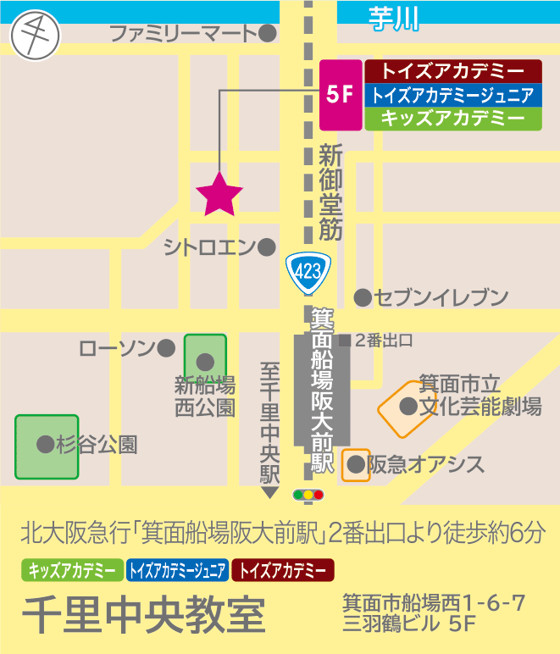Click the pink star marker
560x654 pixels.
click(219, 193)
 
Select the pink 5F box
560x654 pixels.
click(341, 95)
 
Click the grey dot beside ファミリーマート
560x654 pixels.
click(268, 34)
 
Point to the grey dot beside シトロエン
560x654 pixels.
click(267, 247)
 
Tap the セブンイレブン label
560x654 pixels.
click(441, 297)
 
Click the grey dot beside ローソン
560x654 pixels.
click(166, 347)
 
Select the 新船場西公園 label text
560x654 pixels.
click(204, 396)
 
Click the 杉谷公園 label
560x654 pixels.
click(97, 444)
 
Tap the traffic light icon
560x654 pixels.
click(308, 494)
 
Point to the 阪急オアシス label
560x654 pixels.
click(426, 464)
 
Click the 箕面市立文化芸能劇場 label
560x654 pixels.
click(480, 396)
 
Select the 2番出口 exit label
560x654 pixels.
click(383, 341)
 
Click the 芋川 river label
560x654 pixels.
click(395, 17)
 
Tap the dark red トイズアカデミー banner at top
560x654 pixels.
click(452, 70)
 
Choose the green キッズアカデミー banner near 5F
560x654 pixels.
click(452, 119)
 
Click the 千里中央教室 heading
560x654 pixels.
click(144, 616)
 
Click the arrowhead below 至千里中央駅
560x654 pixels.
click(270, 493)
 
